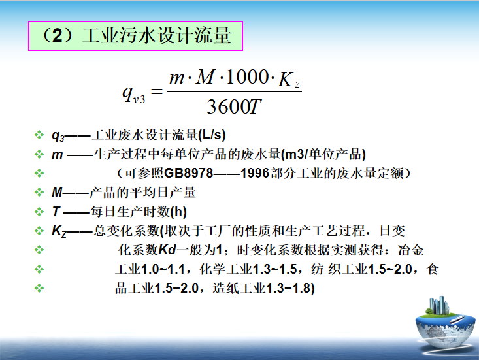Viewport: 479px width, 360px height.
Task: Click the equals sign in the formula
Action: point(156,91)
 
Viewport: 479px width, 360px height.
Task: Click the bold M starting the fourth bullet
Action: point(57,193)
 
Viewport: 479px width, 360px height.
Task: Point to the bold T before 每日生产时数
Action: point(56,212)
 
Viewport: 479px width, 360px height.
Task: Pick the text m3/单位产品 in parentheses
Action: point(323,154)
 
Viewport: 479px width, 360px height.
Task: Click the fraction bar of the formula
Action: point(234,91)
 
